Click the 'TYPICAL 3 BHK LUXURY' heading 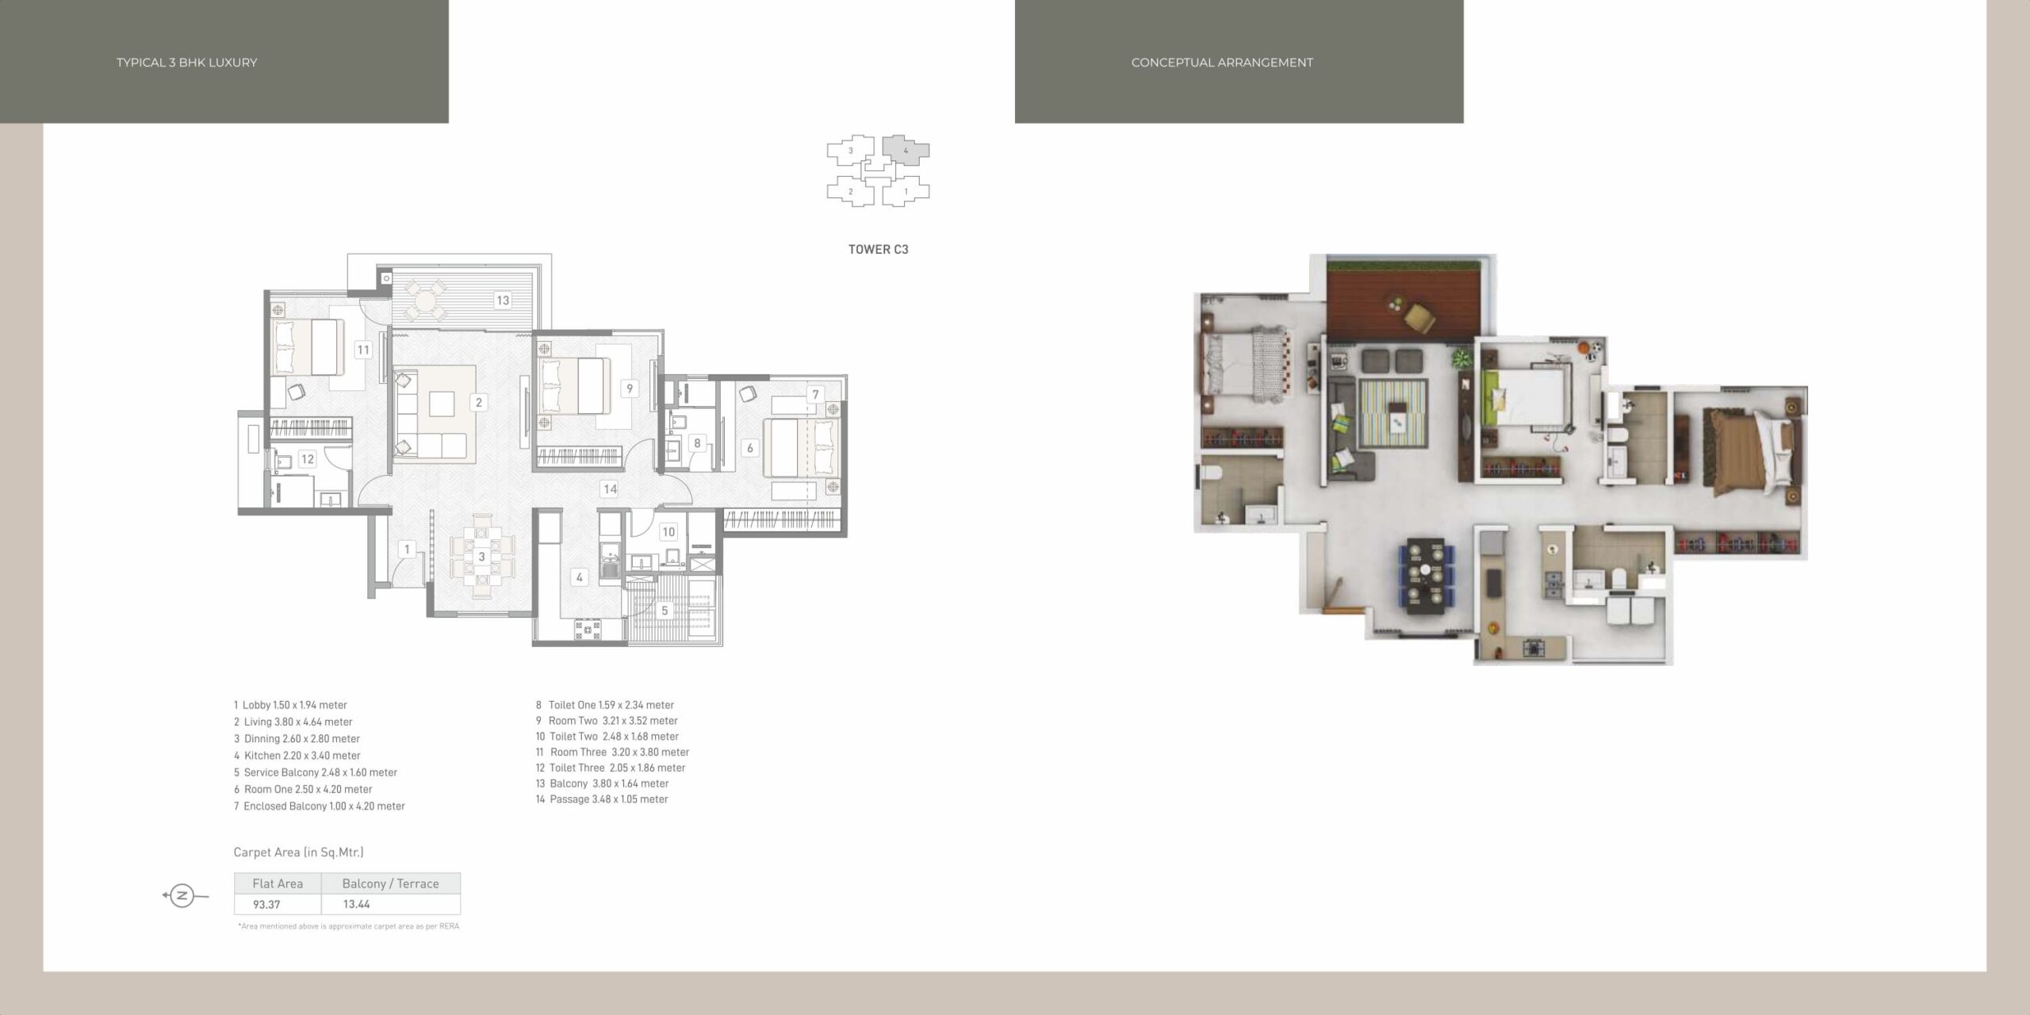pyautogui.click(x=186, y=63)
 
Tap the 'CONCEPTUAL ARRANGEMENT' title pyautogui.click(x=1222, y=63)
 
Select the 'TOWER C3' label pyautogui.click(x=879, y=249)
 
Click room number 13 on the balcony pyautogui.click(x=503, y=301)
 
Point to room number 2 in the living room pyautogui.click(x=479, y=402)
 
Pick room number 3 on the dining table pyautogui.click(x=481, y=557)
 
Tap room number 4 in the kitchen pyautogui.click(x=580, y=577)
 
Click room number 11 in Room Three pyautogui.click(x=363, y=350)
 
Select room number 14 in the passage pyautogui.click(x=610, y=488)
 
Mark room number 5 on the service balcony pyautogui.click(x=665, y=611)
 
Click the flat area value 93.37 pyautogui.click(x=267, y=904)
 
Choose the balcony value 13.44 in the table pyautogui.click(x=357, y=904)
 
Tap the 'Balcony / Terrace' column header pyautogui.click(x=390, y=883)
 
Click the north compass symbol pyautogui.click(x=182, y=896)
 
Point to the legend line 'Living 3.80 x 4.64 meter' pyautogui.click(x=293, y=722)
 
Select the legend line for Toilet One pyautogui.click(x=605, y=705)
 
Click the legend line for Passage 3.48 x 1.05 pyautogui.click(x=602, y=799)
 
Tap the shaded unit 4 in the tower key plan pyautogui.click(x=906, y=150)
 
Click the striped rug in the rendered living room pyautogui.click(x=1392, y=413)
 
